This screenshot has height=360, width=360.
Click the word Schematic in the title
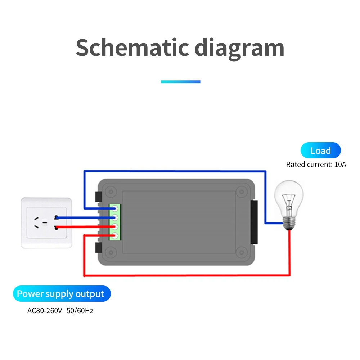click(x=132, y=48)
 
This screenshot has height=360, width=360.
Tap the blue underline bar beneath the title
click(x=180, y=82)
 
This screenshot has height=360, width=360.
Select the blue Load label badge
click(x=320, y=150)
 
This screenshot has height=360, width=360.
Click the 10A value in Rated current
click(x=339, y=165)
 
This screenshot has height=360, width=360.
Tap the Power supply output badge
click(x=61, y=294)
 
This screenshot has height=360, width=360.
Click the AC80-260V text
click(x=45, y=310)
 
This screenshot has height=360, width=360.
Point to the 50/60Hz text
click(x=80, y=310)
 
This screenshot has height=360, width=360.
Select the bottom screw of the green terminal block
click(x=116, y=236)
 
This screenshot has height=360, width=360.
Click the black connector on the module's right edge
click(x=254, y=221)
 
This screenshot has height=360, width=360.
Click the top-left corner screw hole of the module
click(x=111, y=191)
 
